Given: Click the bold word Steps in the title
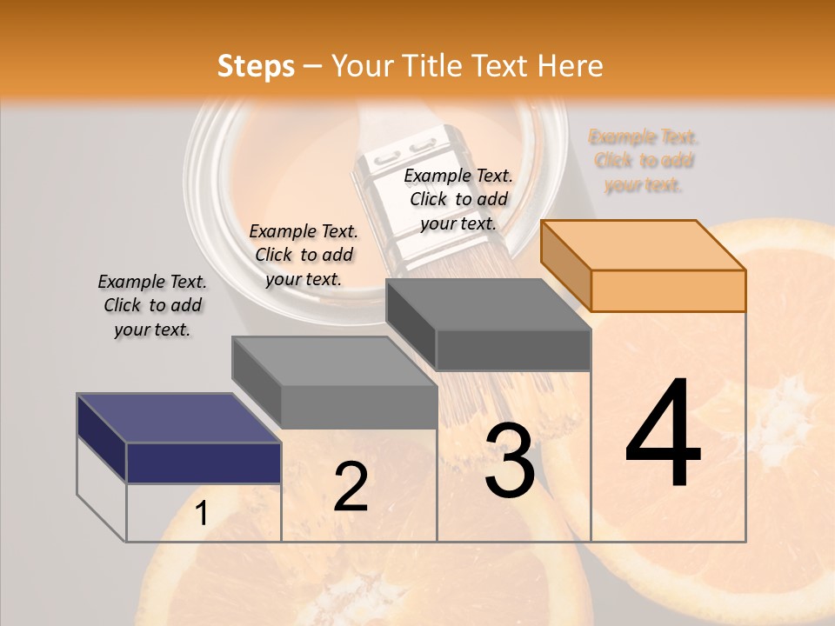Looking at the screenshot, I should click(x=256, y=66).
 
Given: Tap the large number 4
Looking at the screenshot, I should click(x=663, y=434).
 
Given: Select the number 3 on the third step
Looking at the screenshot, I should click(x=510, y=462).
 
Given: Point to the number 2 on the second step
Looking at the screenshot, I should click(x=351, y=487).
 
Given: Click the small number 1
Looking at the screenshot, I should click(x=201, y=514).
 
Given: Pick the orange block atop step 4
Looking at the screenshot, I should click(x=645, y=266).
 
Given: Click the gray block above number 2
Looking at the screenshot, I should click(x=335, y=383).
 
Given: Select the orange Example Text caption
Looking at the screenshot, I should click(x=644, y=160).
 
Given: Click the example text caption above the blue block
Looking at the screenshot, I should click(x=152, y=305).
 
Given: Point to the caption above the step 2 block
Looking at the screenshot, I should click(x=304, y=255).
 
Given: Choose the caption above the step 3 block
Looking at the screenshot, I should click(x=458, y=199).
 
